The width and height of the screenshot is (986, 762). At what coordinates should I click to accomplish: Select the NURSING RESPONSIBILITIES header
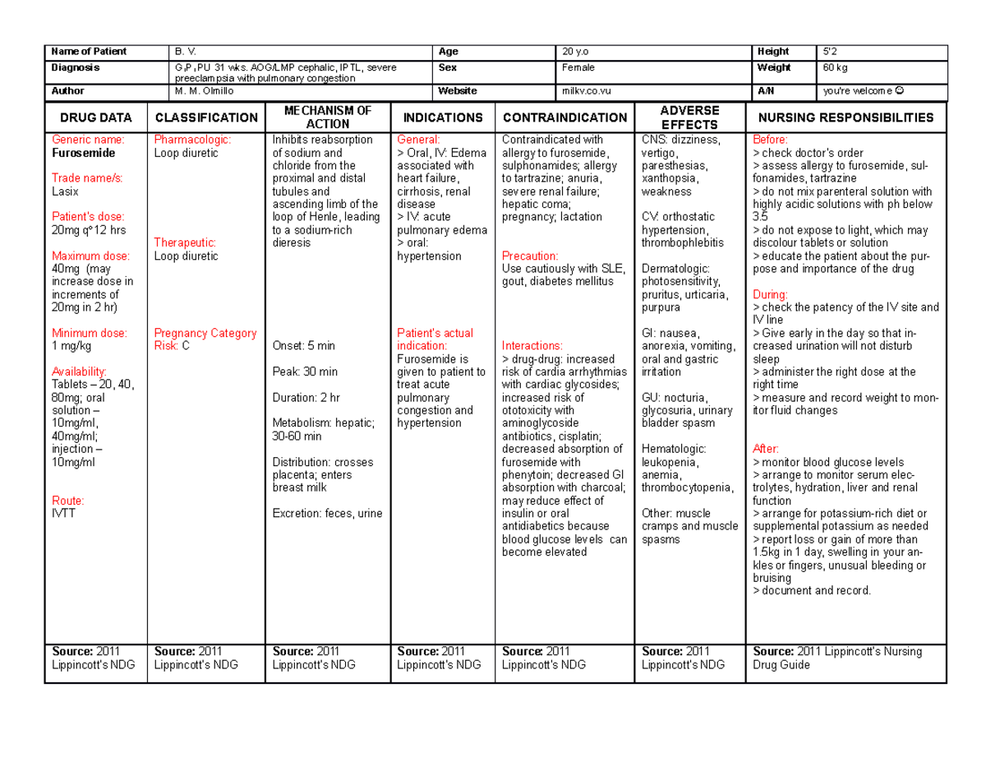click(x=845, y=118)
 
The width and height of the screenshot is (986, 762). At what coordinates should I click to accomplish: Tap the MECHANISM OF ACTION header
click(x=327, y=118)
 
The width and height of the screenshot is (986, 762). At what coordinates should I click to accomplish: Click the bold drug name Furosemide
click(x=81, y=153)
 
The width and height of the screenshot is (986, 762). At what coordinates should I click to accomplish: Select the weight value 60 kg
click(x=833, y=67)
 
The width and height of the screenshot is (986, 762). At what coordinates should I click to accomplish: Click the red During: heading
click(x=769, y=293)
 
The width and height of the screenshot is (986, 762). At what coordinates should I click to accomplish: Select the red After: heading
click(x=765, y=448)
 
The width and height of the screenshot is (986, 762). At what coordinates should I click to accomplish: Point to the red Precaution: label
click(x=530, y=256)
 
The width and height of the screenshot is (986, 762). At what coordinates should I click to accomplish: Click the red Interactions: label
click(x=532, y=345)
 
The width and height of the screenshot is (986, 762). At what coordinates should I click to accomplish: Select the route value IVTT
click(x=62, y=513)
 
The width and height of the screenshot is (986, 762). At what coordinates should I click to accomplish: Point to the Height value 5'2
click(x=826, y=52)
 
